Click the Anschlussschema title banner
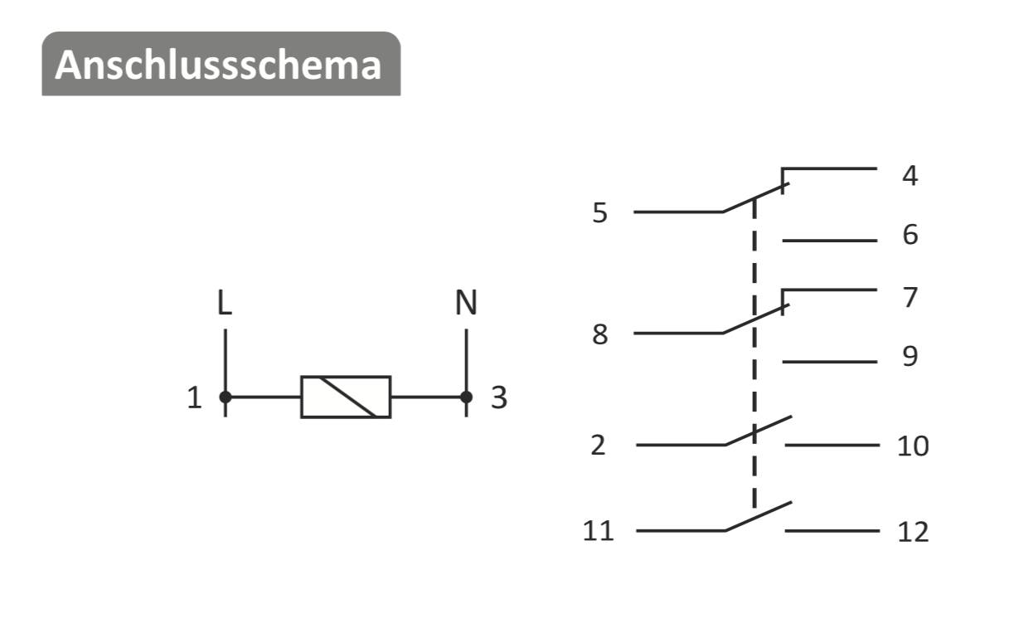click(221, 63)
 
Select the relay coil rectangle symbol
click(346, 397)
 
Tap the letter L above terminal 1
click(225, 302)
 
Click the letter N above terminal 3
click(466, 302)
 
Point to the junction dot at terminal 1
click(226, 397)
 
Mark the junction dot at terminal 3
click(466, 397)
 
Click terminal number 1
click(195, 397)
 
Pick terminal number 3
click(499, 397)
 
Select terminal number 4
click(910, 175)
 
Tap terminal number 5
click(599, 213)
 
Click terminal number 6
click(910, 235)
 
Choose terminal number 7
click(910, 297)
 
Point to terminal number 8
click(599, 335)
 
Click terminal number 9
click(910, 356)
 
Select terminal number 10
click(913, 446)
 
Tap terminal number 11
click(598, 531)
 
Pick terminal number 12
click(913, 532)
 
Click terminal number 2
click(598, 445)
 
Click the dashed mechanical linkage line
click(754, 353)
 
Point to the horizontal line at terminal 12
click(832, 531)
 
